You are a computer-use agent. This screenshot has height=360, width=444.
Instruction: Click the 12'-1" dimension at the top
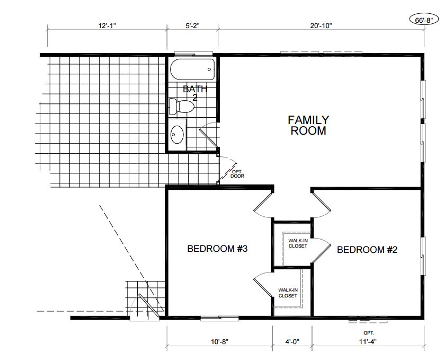point(108,25)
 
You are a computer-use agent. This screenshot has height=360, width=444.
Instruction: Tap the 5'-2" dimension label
point(192,25)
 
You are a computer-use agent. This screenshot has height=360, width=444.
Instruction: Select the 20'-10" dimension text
point(321,25)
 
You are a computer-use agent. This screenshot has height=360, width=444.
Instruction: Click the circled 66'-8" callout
point(424,21)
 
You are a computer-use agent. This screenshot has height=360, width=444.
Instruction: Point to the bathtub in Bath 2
point(192,69)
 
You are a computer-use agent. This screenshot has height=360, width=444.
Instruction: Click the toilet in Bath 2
point(182,107)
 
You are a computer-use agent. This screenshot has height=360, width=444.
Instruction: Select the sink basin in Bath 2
point(177,135)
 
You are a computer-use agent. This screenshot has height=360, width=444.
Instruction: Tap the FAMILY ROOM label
point(308,125)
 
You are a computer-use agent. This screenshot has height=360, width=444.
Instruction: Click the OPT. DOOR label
point(237,174)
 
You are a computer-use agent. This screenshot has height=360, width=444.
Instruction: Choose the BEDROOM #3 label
point(217,249)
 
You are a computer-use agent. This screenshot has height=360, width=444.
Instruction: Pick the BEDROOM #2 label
point(367,250)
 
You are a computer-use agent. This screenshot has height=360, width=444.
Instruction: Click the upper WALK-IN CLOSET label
point(298,243)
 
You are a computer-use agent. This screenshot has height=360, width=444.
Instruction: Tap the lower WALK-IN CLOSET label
point(288,293)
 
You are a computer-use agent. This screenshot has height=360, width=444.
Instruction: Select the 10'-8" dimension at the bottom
point(219,342)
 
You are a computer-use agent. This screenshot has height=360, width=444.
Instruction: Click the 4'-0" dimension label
point(292,342)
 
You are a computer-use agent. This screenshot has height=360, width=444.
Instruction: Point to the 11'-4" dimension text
point(368,342)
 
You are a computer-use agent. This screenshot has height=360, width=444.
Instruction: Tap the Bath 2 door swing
point(209,136)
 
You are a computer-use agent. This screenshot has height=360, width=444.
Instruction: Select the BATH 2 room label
point(195,93)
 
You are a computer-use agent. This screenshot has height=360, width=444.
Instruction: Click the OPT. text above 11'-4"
point(369,333)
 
